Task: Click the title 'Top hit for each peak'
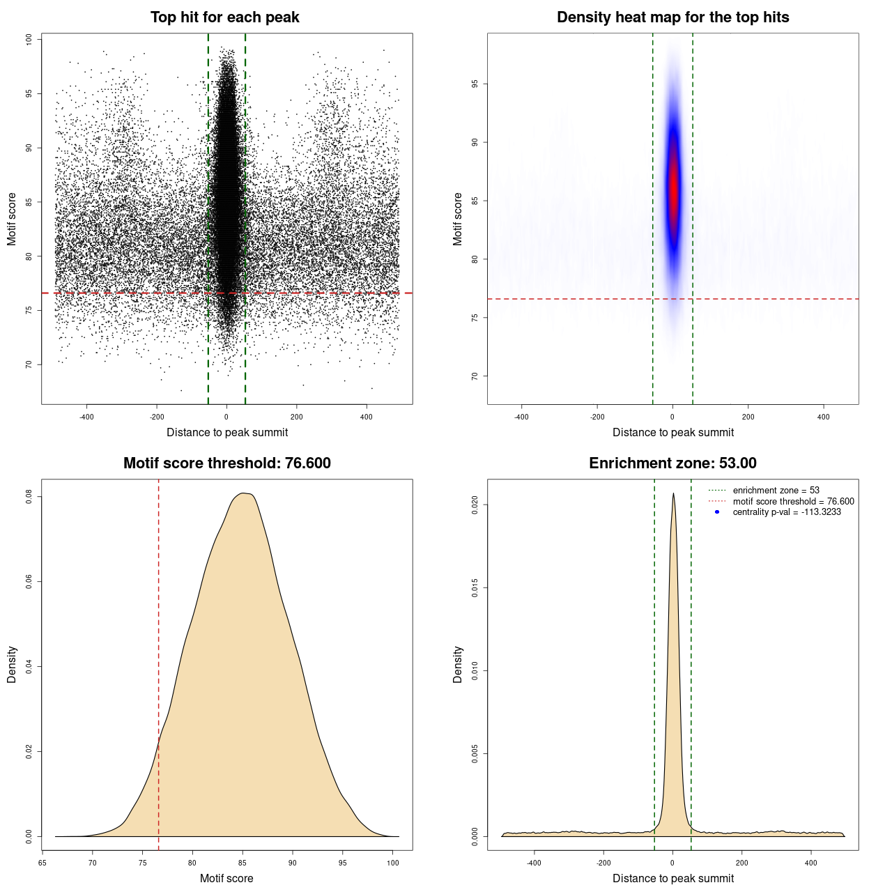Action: point(224,17)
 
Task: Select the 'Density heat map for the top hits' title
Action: point(672,17)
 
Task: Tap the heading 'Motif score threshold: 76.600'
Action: point(226,463)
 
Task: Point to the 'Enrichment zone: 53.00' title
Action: point(672,463)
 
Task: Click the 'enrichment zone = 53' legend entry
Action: point(776,491)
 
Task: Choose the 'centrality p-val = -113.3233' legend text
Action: point(787,512)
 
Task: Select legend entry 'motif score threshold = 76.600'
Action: point(793,501)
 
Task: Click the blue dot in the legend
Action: point(717,512)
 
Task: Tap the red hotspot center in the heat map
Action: point(673,188)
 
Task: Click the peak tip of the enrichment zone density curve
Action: point(673,494)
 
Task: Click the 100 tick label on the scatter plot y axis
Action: point(29,40)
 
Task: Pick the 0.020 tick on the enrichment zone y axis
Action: point(475,505)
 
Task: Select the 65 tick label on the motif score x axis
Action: point(43,863)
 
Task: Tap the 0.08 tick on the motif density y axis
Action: point(29,497)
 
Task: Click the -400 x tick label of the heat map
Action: point(521,417)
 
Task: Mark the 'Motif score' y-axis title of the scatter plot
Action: point(12,219)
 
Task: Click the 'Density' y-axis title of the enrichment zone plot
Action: point(458,664)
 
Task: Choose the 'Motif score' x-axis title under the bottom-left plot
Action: point(226,878)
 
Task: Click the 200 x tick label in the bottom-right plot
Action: point(741,863)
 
